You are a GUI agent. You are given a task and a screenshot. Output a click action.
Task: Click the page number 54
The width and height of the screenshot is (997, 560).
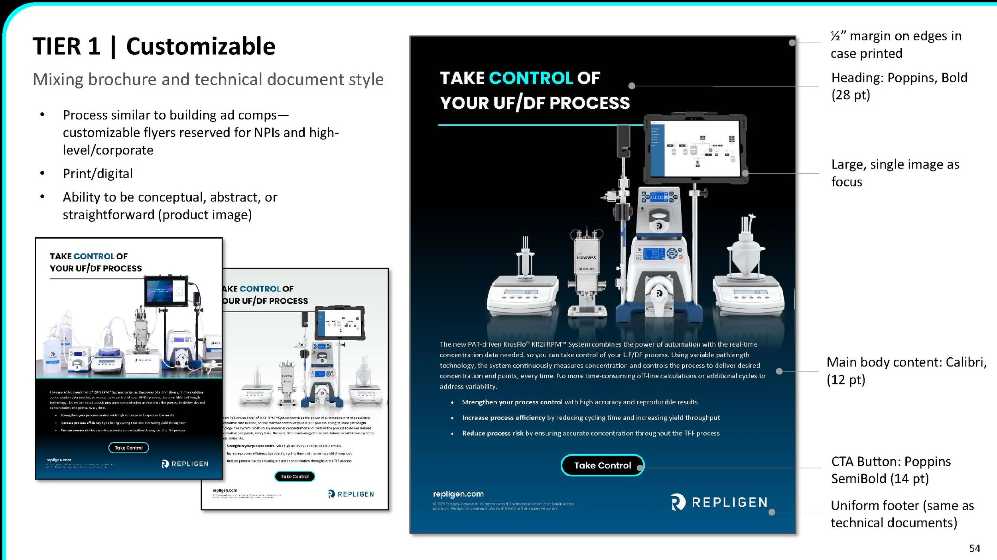[x=974, y=548]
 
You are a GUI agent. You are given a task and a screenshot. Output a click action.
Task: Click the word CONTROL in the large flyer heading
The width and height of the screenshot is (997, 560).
[x=531, y=78]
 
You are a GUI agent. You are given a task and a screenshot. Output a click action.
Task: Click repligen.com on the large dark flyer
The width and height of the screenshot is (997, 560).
[x=458, y=494]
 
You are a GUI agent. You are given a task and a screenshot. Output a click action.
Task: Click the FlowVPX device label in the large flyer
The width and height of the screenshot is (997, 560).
[x=586, y=257]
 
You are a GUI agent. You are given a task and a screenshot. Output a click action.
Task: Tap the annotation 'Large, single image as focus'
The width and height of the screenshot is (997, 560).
[x=895, y=173]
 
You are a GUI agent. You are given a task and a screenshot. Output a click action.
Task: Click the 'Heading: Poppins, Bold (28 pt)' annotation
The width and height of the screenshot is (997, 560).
[x=899, y=86]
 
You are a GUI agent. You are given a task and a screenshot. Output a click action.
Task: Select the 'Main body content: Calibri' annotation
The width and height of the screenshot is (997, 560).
[x=906, y=370]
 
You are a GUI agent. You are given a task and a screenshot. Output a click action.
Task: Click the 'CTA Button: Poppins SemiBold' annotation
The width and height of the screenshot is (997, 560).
[x=891, y=470]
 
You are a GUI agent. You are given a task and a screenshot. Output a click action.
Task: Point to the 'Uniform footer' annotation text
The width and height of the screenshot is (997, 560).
[x=902, y=514]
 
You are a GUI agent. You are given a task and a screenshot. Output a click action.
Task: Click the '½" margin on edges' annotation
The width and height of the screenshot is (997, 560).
[x=896, y=45]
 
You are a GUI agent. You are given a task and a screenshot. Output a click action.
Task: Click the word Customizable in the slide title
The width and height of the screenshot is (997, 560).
[x=201, y=46]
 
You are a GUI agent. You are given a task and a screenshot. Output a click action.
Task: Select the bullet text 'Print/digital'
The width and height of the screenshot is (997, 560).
[x=98, y=174]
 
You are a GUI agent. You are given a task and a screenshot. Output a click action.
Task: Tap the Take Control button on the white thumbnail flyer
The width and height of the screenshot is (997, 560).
[x=295, y=476]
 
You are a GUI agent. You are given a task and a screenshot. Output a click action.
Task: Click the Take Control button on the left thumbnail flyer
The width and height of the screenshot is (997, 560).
[x=128, y=448]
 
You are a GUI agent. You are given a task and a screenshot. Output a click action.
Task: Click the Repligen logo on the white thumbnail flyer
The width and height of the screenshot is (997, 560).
[x=351, y=494]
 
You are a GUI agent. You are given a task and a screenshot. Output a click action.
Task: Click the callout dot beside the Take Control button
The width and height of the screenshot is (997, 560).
[x=640, y=468]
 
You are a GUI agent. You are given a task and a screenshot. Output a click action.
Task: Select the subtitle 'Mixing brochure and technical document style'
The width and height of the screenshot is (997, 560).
[x=208, y=79]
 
